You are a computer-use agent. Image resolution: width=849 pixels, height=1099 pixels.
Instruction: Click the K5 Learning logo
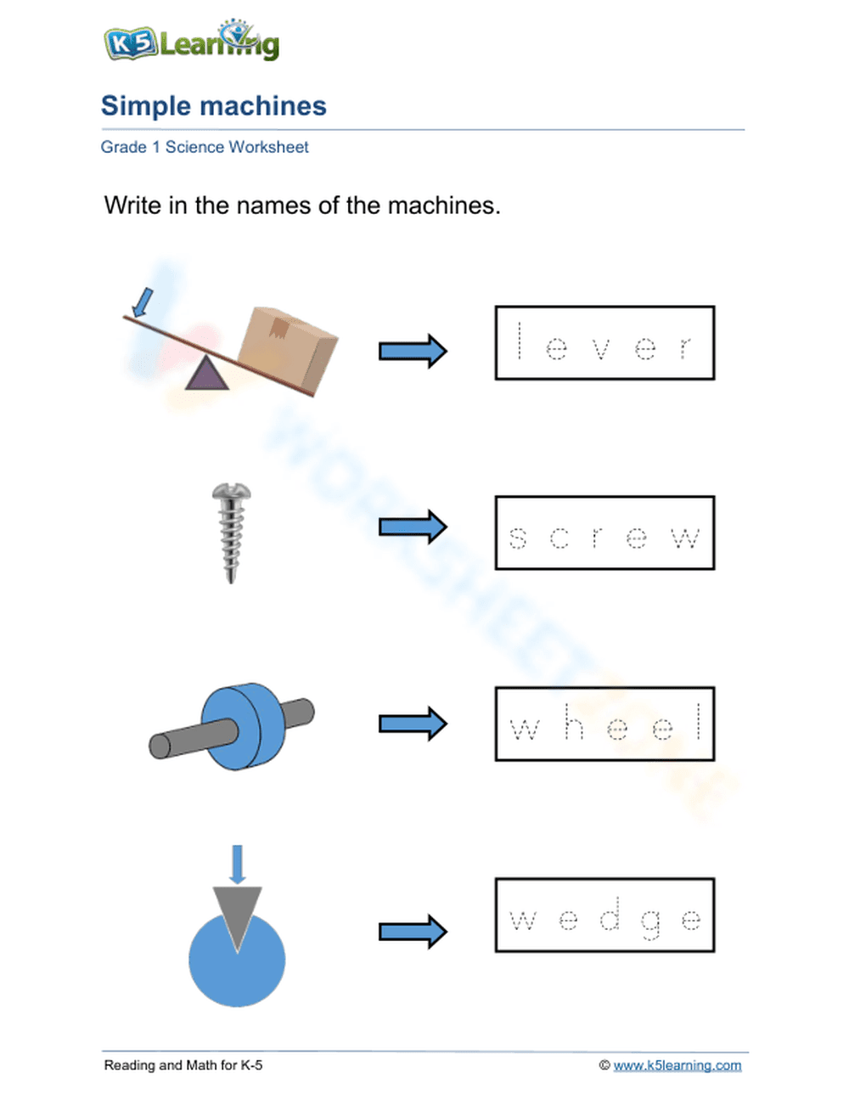click(x=191, y=41)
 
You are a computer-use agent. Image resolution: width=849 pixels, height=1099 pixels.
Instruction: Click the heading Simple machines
click(x=213, y=106)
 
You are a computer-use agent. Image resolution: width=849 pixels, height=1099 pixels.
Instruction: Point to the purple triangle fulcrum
click(x=206, y=375)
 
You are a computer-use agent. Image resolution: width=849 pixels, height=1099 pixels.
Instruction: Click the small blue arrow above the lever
click(x=144, y=302)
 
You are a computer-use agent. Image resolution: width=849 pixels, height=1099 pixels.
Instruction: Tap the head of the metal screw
click(x=231, y=492)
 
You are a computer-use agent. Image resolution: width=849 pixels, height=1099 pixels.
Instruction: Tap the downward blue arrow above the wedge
click(x=238, y=864)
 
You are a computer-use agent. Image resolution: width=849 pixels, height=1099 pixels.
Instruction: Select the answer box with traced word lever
click(x=604, y=343)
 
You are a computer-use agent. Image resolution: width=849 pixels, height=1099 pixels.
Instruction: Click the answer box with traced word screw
click(x=604, y=533)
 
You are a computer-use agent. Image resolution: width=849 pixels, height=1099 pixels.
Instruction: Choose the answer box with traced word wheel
click(x=604, y=724)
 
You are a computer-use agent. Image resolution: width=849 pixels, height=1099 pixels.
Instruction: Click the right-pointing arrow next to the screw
click(x=413, y=527)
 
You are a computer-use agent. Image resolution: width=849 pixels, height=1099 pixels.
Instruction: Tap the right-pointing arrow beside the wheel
click(x=413, y=724)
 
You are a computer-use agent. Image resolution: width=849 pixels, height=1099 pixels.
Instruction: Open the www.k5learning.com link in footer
click(x=677, y=1065)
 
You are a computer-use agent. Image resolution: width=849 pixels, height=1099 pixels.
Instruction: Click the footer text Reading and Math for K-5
click(x=183, y=1065)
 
